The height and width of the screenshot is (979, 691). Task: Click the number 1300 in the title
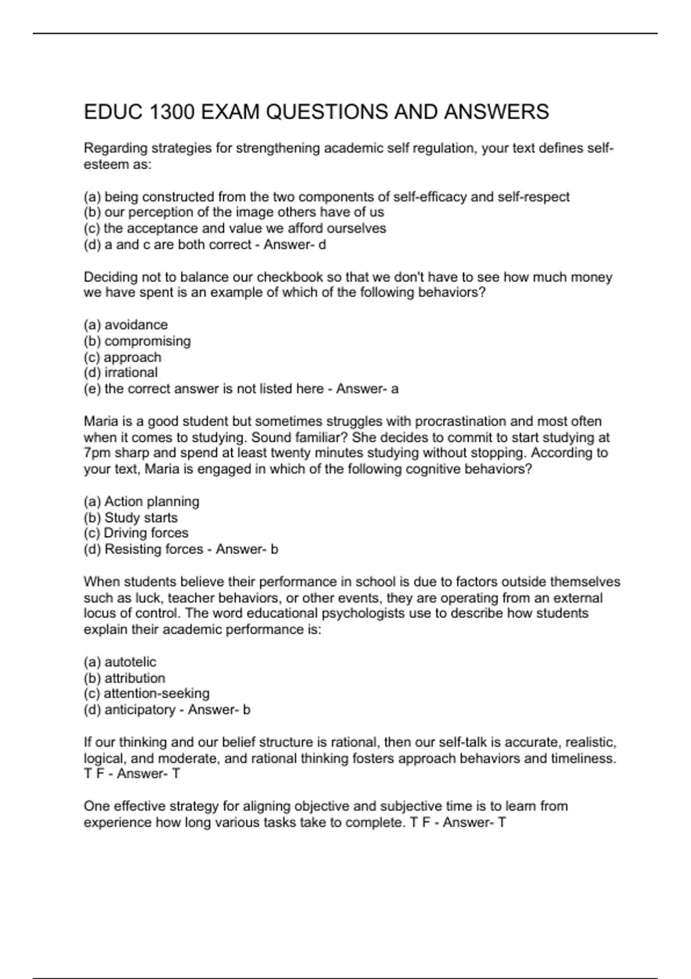(172, 112)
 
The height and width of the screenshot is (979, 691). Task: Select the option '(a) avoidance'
(126, 325)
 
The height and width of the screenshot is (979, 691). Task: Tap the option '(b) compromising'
(137, 341)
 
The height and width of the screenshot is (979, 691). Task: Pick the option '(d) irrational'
(120, 373)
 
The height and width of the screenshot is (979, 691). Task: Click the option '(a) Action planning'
(141, 502)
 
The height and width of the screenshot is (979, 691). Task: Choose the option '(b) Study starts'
(131, 518)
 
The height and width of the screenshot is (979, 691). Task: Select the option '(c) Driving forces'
(136, 533)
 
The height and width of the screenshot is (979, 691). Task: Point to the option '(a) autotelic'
(120, 662)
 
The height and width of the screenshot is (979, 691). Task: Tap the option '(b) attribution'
(124, 678)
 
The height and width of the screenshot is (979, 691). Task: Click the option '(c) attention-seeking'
(146, 693)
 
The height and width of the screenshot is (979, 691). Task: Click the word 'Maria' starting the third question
(98, 422)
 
